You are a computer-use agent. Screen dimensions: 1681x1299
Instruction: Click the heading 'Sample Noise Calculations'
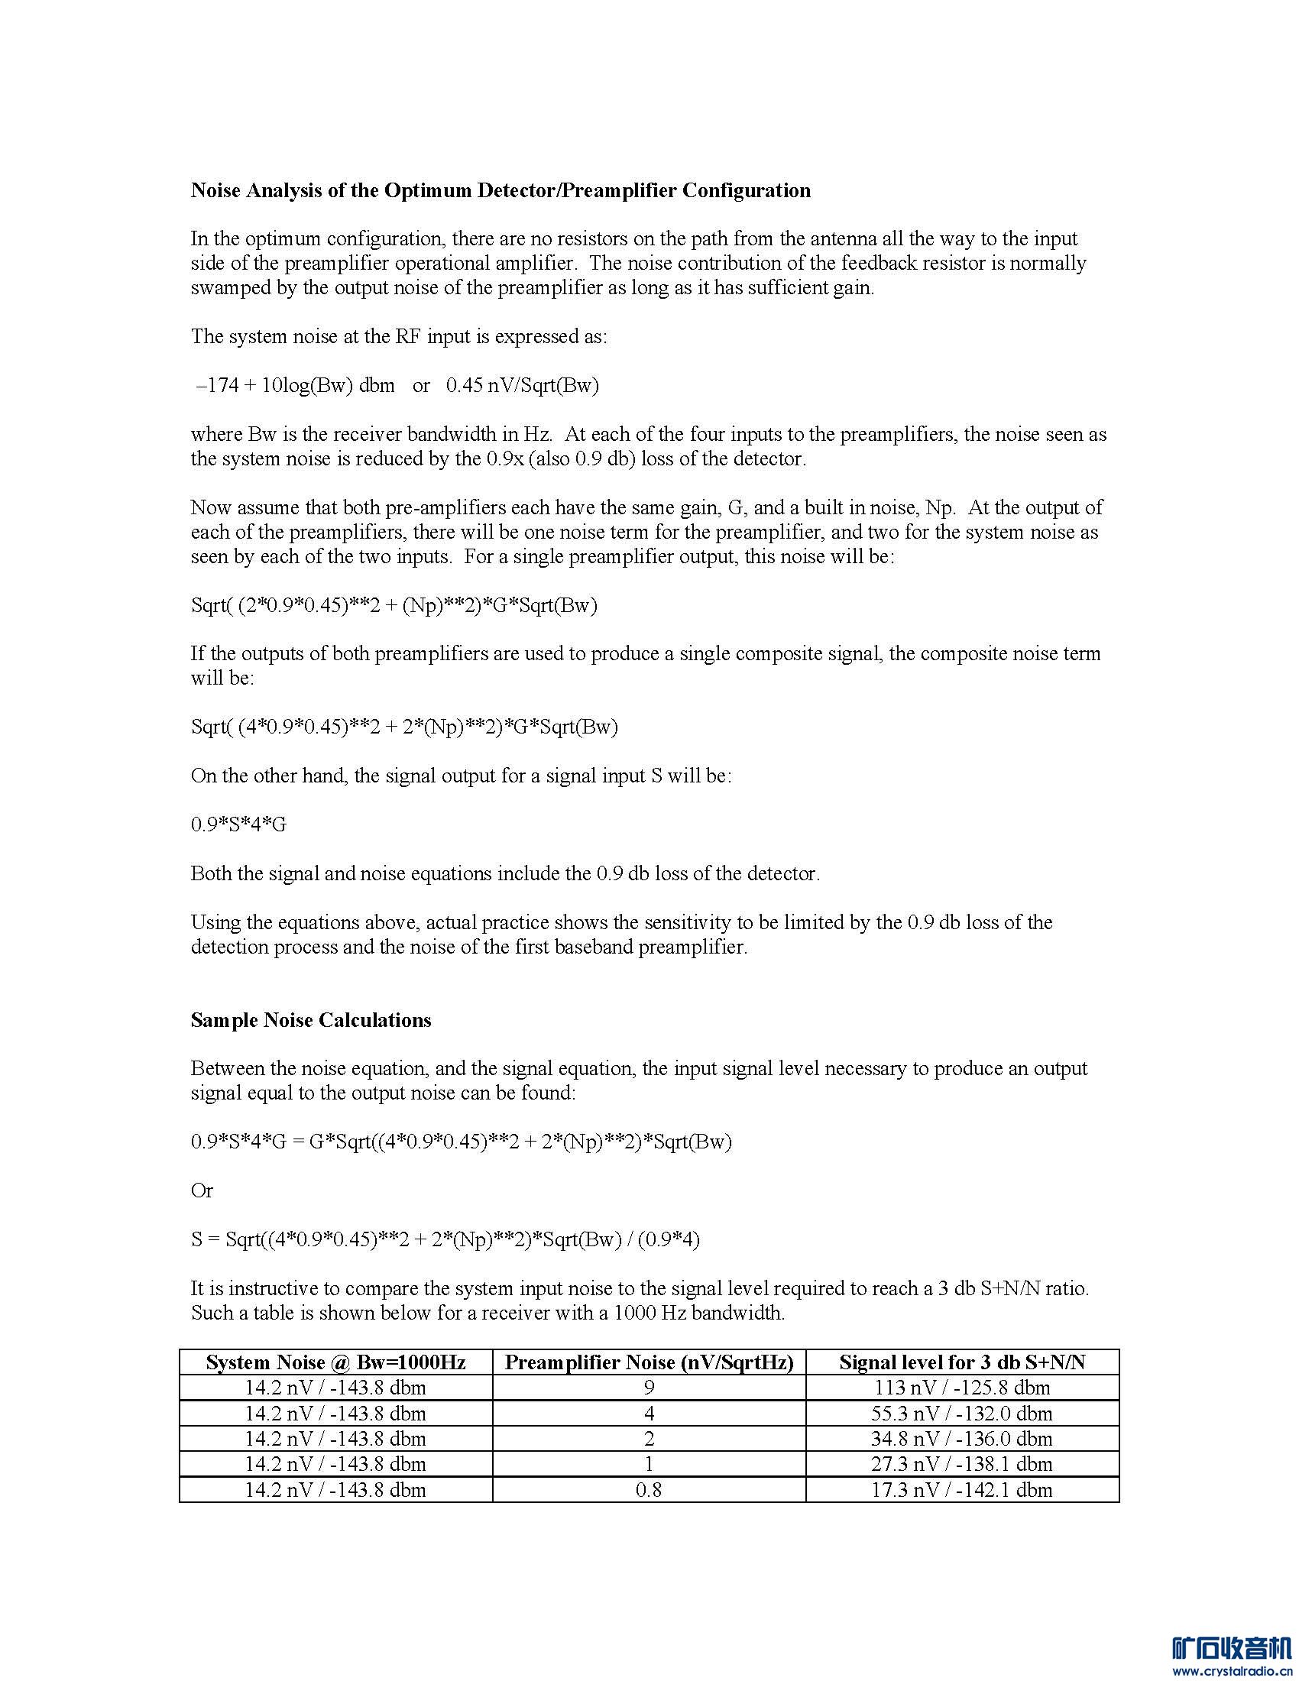pos(311,1020)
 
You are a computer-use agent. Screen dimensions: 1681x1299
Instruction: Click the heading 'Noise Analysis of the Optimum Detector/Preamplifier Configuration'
pos(500,190)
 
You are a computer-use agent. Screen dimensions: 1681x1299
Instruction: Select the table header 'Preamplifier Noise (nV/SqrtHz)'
pos(649,1362)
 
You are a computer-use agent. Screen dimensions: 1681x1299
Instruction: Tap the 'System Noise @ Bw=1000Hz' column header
pos(335,1362)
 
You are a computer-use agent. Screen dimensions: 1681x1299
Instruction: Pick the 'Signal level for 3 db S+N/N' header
pos(962,1362)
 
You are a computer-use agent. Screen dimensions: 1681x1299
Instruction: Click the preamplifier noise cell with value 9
pos(649,1388)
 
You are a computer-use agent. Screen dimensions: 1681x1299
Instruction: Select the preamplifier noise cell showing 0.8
pos(649,1489)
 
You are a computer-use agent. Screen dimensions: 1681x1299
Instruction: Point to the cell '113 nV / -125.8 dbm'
pos(962,1388)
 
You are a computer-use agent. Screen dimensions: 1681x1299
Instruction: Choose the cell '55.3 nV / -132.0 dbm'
pos(962,1413)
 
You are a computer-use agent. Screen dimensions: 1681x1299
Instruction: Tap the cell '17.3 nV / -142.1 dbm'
pos(962,1489)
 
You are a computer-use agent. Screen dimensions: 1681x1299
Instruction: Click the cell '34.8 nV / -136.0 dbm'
pos(962,1439)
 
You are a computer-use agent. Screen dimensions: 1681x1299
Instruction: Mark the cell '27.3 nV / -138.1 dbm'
pos(962,1464)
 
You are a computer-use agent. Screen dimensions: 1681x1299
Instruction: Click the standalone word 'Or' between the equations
pos(202,1190)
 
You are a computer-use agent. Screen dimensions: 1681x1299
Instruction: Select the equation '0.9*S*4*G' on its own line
pos(238,824)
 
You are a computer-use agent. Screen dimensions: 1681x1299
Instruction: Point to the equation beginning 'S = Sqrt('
pos(445,1239)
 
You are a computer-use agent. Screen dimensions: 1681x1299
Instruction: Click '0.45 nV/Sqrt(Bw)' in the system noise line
pos(523,385)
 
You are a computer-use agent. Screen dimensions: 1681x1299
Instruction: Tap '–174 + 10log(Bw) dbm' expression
pos(296,385)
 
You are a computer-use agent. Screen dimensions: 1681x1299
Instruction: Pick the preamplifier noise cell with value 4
pos(649,1413)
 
